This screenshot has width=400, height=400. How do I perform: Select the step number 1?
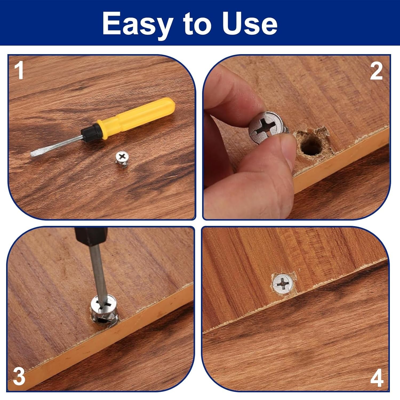pyautogui.click(x=19, y=71)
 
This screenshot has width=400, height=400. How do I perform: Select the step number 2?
pyautogui.click(x=376, y=71)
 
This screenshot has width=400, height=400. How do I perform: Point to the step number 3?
pyautogui.click(x=19, y=376)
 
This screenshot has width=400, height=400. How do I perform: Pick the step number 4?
pyautogui.click(x=377, y=378)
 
